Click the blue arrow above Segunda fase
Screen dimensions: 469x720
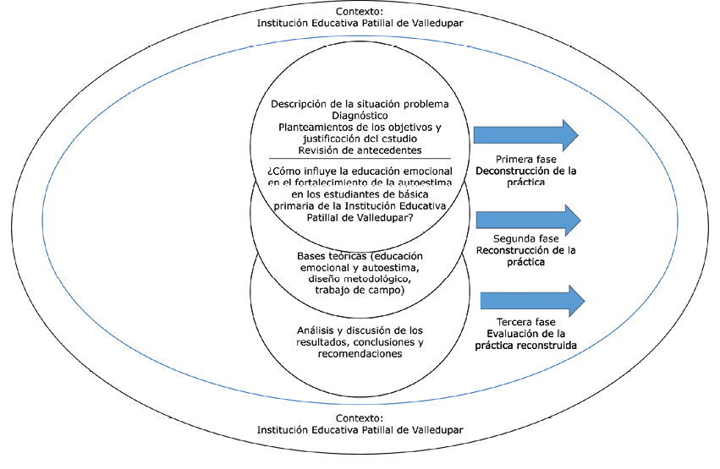pos(528,219)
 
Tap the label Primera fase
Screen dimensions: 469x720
pos(525,159)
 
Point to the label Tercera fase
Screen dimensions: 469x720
pos(525,322)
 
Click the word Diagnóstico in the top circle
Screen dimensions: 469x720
pos(360,115)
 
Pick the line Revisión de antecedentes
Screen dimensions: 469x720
pos(360,150)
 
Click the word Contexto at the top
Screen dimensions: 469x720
pos(360,11)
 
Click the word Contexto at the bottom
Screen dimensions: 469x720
pos(360,418)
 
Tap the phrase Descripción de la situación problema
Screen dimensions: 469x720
pos(360,104)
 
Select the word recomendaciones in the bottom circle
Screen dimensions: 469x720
pos(360,354)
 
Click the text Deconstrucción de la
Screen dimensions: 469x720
pos(525,171)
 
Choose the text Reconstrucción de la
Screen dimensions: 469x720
pos(525,250)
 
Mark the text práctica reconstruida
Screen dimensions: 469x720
pos(525,346)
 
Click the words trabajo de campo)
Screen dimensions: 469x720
pos(360,290)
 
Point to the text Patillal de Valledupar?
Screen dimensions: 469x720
pos(360,217)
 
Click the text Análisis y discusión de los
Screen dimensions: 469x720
pos(360,330)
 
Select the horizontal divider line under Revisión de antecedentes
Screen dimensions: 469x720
pos(360,159)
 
